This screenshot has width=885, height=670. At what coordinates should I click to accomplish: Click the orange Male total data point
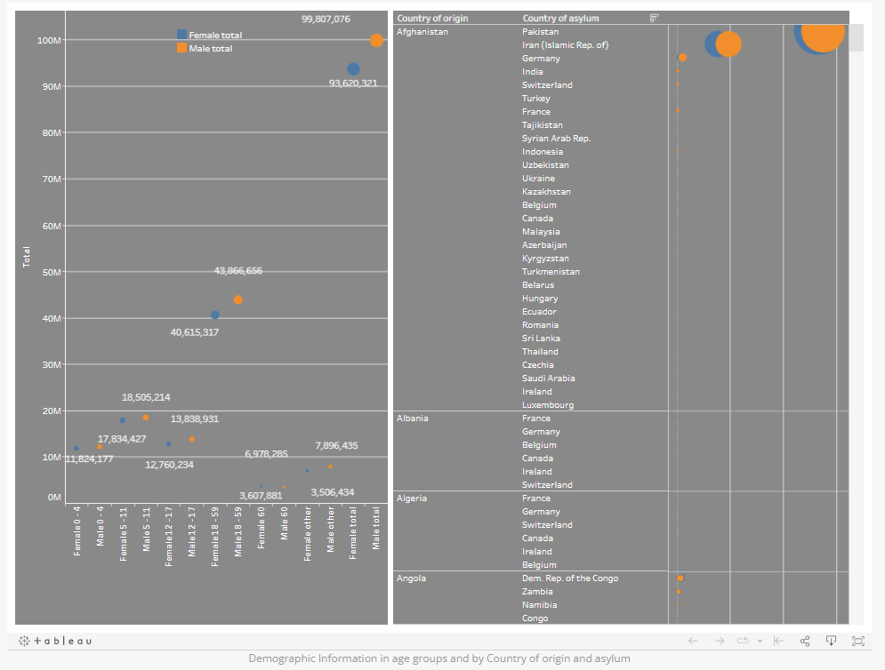coord(376,40)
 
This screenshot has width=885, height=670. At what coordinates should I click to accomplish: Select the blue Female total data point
coord(353,69)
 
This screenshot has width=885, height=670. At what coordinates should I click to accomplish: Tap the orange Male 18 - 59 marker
coord(237,299)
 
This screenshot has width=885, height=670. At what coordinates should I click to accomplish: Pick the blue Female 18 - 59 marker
coord(214,315)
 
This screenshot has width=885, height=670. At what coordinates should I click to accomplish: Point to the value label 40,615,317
coord(194,332)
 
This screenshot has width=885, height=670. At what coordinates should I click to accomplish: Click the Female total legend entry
coord(214,35)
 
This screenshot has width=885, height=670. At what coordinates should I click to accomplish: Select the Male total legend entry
coord(210,48)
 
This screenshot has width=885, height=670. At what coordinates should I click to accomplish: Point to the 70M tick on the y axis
coord(48,179)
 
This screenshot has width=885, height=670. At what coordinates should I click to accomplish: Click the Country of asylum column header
coord(560,18)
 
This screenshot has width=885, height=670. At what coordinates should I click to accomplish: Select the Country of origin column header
coord(432,18)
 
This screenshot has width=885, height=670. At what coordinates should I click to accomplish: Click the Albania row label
coord(412,419)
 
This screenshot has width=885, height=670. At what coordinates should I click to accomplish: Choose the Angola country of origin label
coord(411,578)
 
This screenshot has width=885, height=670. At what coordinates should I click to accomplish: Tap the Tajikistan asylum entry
coord(542,125)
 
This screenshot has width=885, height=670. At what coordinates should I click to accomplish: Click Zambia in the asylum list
coord(537,592)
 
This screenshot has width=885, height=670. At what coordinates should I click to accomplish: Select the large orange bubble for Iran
coord(728,44)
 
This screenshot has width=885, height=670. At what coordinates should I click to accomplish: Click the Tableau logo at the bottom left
coord(55,641)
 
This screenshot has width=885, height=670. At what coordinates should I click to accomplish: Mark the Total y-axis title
coord(26,258)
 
